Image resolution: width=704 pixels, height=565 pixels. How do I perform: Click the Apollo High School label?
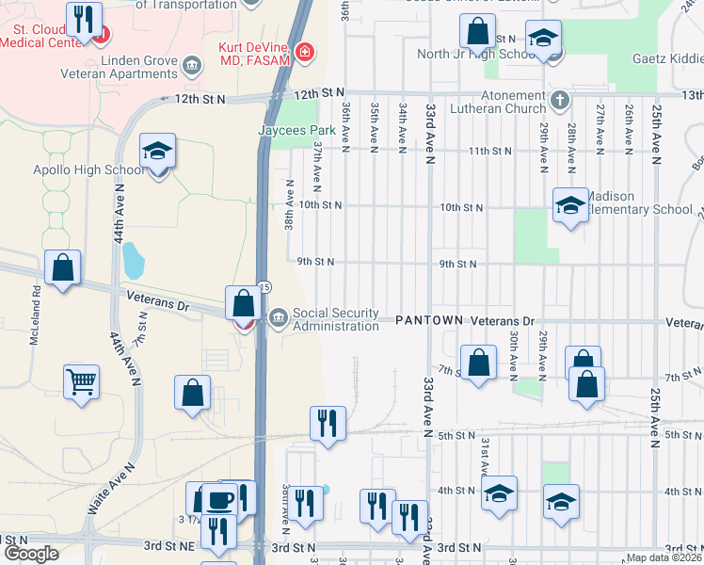pos(88,169)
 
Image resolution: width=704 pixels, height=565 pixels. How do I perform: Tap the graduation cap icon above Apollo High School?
pos(157,151)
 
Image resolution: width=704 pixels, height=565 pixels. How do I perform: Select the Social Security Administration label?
pos(335,319)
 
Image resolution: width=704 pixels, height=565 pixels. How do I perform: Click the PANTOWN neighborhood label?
pos(428,320)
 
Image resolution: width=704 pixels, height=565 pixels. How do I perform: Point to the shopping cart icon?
pos(81,382)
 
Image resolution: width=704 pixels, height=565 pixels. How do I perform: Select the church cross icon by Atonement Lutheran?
pos(559,100)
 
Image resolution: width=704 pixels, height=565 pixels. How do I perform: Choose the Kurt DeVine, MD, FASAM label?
pos(256,55)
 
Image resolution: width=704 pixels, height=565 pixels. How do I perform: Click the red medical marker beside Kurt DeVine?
pos(304,50)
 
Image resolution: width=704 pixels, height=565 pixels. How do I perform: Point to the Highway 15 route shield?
pos(265,286)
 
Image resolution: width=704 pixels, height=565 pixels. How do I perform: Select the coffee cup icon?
pos(220,499)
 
